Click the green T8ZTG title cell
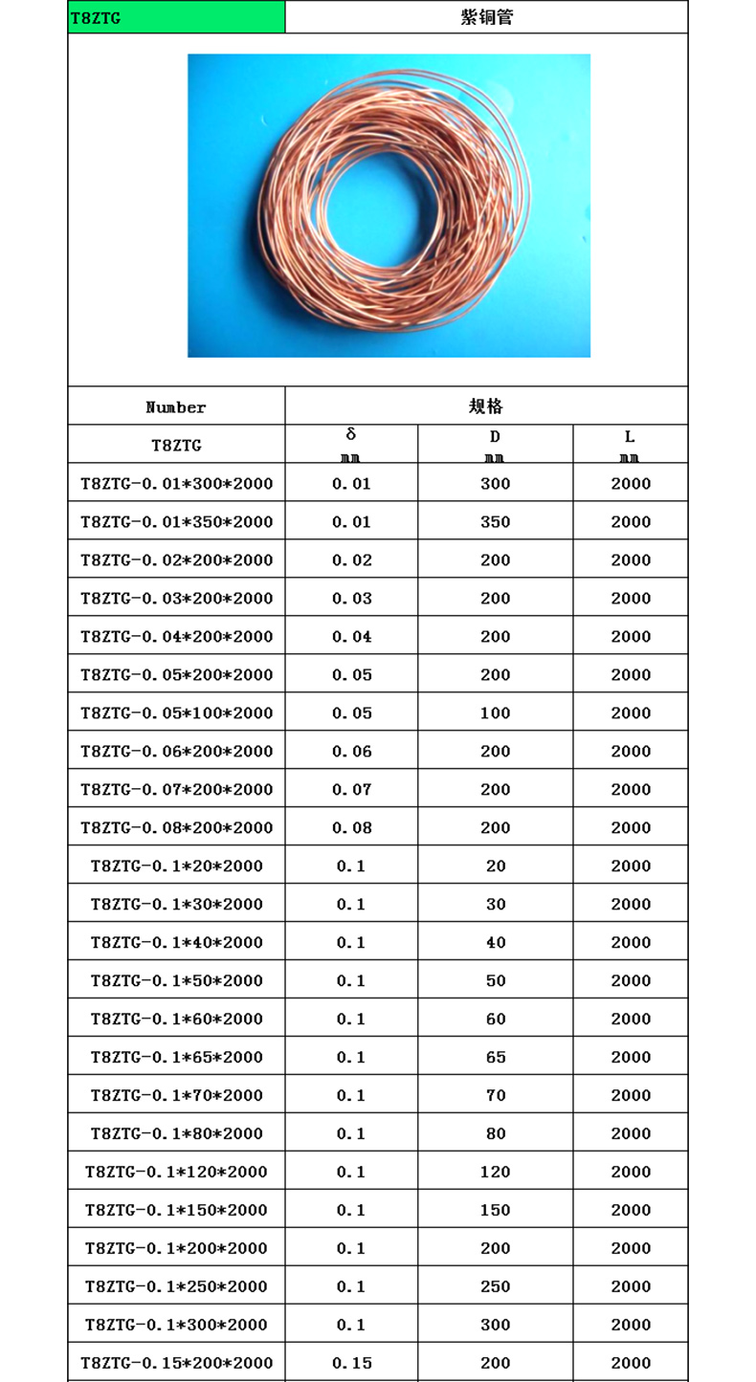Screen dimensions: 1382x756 (x=176, y=17)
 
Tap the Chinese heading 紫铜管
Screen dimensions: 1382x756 (x=486, y=17)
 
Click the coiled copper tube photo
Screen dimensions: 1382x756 (x=389, y=206)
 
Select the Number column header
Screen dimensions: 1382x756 (x=176, y=407)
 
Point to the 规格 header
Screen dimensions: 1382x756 (x=486, y=406)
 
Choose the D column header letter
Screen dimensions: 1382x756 (x=496, y=437)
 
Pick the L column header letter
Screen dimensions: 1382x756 (x=630, y=437)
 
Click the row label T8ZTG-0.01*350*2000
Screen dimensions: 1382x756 (x=176, y=522)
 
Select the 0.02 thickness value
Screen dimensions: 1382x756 (x=351, y=560)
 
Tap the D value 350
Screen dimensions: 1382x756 (x=496, y=522)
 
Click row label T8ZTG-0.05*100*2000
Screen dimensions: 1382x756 (x=176, y=713)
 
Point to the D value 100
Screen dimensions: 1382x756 (x=496, y=713)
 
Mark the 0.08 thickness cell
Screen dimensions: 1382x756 (x=351, y=828)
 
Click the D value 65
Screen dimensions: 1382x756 (x=496, y=1058)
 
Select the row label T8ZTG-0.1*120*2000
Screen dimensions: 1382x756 (x=176, y=1173)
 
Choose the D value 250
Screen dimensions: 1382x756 (x=496, y=1287)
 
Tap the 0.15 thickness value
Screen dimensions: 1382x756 (x=351, y=1364)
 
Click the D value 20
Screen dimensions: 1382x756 (x=496, y=866)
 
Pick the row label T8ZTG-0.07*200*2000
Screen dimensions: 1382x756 (x=176, y=790)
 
